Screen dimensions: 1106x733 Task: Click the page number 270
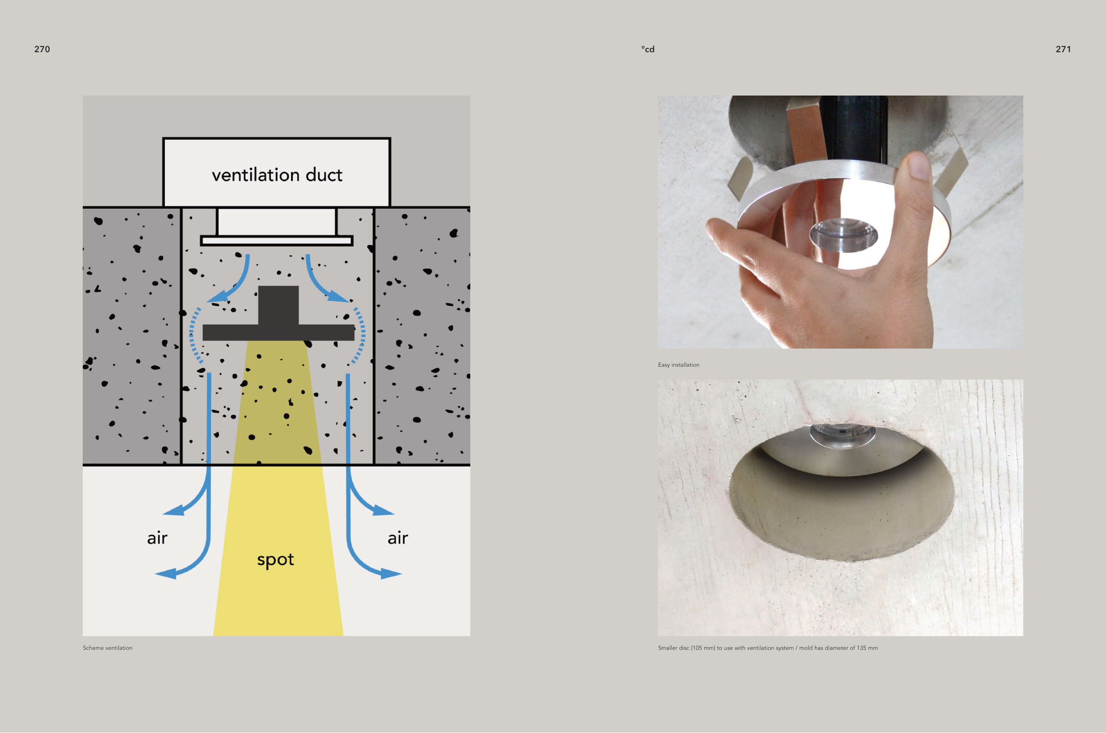[42, 49]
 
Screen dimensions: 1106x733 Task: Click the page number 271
[1063, 49]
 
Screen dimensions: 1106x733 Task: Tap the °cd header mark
[647, 49]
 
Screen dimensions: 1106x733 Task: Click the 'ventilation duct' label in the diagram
[277, 175]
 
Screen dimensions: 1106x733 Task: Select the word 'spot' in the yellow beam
[275, 560]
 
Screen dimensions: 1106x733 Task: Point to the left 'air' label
[157, 538]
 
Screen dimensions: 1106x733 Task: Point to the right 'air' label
[398, 538]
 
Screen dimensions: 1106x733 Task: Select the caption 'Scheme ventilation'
[108, 648]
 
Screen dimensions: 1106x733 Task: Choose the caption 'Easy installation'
[678, 365]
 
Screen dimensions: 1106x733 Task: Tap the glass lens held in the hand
[843, 235]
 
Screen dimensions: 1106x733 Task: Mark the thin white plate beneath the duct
[277, 241]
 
